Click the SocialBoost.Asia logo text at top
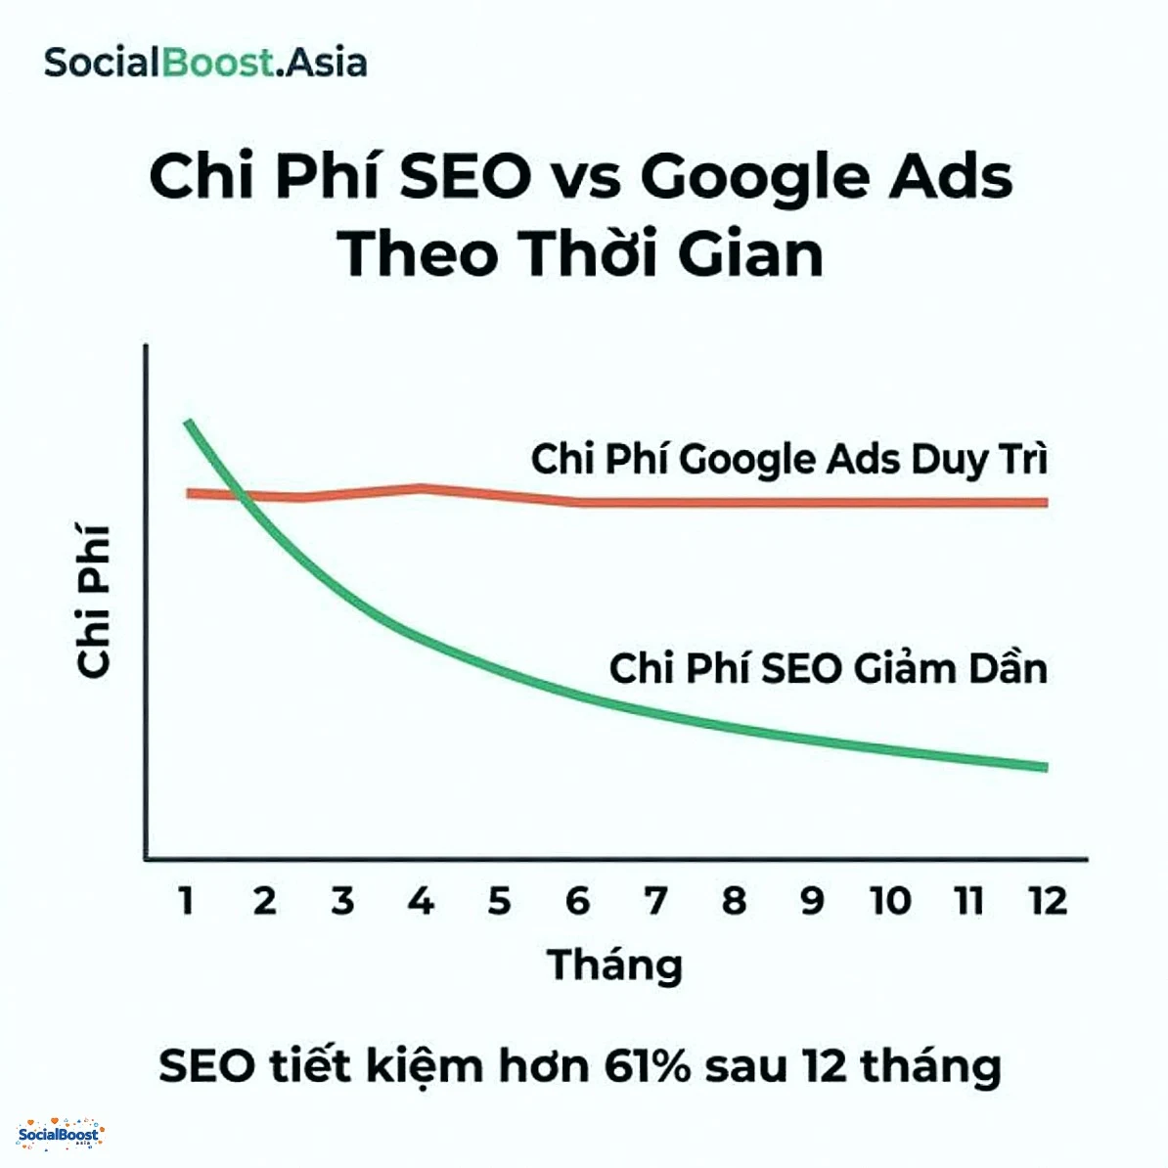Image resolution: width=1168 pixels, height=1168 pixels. point(205,63)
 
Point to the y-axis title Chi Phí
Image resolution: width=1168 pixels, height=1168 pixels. point(94,602)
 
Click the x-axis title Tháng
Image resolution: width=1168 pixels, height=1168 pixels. point(614,966)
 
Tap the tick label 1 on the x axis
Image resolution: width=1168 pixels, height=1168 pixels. point(186,900)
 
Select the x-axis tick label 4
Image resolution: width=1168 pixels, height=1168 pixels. point(421,900)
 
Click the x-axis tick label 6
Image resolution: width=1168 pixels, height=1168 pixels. point(577,900)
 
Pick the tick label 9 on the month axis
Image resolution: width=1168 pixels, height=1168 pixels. point(812,900)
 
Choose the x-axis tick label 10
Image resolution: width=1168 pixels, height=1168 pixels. point(890,900)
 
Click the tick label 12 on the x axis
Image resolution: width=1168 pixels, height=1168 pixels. point(1047,900)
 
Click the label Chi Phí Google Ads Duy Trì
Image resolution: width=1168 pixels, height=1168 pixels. point(788,459)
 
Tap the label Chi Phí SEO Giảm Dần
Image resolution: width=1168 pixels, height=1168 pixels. point(828,668)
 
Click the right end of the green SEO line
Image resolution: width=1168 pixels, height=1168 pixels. point(1045,767)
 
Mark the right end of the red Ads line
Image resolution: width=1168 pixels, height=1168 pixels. point(1045,502)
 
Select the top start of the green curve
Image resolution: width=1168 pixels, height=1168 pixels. point(187,423)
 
